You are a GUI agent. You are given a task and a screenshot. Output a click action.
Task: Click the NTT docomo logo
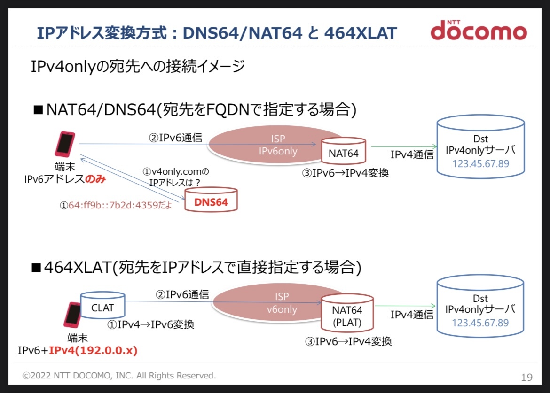[x=479, y=31]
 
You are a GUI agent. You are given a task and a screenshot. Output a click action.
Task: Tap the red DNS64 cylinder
[x=211, y=201]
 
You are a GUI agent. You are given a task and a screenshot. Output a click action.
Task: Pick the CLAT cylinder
[x=102, y=307]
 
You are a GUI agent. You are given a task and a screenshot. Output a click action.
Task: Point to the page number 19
[x=526, y=377]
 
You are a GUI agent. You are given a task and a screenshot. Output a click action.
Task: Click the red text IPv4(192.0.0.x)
[x=93, y=350]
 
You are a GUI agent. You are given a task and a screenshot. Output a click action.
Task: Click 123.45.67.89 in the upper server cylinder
[x=480, y=163]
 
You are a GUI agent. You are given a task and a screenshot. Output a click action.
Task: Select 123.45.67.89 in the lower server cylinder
[x=480, y=323]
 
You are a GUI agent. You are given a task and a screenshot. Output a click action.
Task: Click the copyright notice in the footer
[x=120, y=376]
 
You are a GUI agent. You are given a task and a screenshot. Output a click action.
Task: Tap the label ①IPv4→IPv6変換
[x=151, y=324]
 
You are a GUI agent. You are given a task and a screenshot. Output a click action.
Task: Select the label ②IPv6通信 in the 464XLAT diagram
[x=182, y=294]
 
